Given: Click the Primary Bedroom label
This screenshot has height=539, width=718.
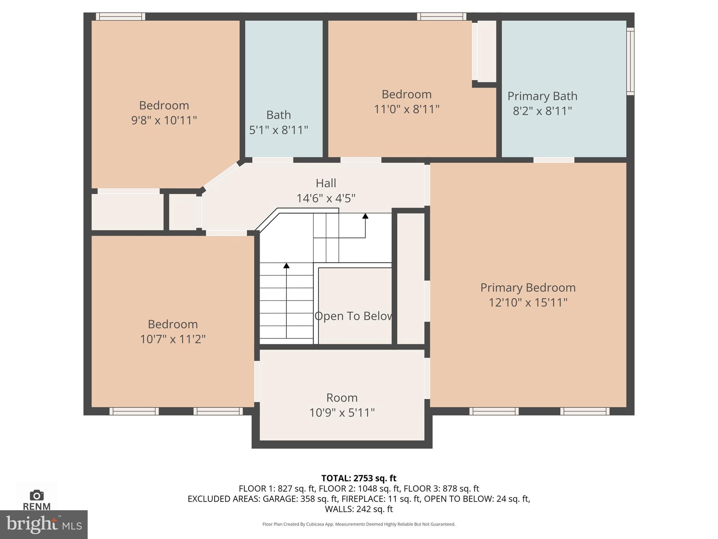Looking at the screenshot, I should tap(528, 288).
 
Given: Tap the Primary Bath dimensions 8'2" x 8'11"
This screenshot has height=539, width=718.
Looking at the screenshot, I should tap(542, 111).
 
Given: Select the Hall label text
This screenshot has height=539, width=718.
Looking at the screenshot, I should tap(326, 183).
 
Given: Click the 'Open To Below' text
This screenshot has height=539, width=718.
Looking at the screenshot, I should tap(353, 316).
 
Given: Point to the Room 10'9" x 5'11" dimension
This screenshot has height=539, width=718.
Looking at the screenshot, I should tap(342, 413).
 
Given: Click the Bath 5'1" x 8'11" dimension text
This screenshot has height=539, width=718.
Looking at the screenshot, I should tap(278, 130).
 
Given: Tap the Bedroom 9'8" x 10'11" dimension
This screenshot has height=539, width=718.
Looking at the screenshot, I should tap(164, 121).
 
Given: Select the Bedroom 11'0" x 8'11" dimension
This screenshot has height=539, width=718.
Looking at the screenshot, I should tap(406, 109).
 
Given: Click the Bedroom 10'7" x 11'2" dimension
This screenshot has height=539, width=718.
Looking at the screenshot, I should tap(172, 339).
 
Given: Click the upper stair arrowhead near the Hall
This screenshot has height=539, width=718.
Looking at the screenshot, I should tap(365, 216).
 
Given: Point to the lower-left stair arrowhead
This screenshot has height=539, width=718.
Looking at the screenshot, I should tap(286, 266).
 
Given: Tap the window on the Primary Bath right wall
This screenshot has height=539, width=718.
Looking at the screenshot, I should tap(630, 61).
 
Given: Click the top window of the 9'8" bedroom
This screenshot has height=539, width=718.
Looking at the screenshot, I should tap(120, 16).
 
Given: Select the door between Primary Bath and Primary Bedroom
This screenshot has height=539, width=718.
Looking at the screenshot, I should tap(554, 160).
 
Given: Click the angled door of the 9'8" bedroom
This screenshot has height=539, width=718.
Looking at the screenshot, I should tap(221, 176).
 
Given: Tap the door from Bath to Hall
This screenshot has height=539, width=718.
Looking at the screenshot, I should tap(272, 160).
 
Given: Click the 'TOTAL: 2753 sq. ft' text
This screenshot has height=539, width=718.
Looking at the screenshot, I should tap(359, 478).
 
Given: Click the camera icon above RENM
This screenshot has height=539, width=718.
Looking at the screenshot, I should tap(36, 495).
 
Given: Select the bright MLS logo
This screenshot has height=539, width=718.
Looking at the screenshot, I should tap(43, 524).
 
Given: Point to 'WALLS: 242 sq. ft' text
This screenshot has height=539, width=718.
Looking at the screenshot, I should tap(359, 509).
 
